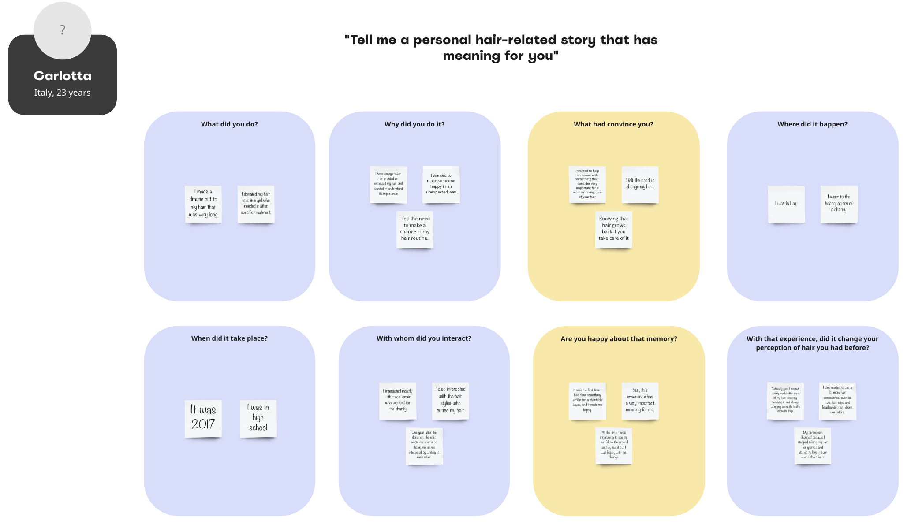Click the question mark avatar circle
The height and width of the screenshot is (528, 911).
click(x=63, y=30)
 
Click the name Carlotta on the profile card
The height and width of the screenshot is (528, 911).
click(x=63, y=76)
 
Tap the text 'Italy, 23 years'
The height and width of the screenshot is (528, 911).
click(x=63, y=93)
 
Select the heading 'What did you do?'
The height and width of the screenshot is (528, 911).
click(x=229, y=124)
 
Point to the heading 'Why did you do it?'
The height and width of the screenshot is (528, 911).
click(x=414, y=124)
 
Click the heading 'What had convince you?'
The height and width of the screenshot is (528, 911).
click(x=613, y=124)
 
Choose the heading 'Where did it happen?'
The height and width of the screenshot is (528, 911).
click(x=812, y=124)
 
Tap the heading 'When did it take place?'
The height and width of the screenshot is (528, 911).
click(x=229, y=338)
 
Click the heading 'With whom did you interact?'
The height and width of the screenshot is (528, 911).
click(x=424, y=338)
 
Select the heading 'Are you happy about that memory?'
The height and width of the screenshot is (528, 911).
click(x=619, y=339)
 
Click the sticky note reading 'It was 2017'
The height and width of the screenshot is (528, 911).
click(x=203, y=418)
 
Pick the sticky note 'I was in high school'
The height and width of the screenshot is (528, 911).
click(x=258, y=418)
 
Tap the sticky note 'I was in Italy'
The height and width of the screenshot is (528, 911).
click(x=786, y=204)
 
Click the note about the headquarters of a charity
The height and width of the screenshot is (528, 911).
click(x=839, y=204)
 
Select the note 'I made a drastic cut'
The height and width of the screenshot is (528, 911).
click(x=203, y=204)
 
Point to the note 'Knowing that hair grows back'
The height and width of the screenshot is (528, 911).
click(x=613, y=229)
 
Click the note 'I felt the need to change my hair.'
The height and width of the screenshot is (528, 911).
click(x=640, y=184)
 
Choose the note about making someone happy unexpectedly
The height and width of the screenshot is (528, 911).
click(x=441, y=184)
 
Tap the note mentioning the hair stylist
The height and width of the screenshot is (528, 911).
click(x=450, y=400)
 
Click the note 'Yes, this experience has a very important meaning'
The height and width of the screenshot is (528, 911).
click(x=640, y=400)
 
